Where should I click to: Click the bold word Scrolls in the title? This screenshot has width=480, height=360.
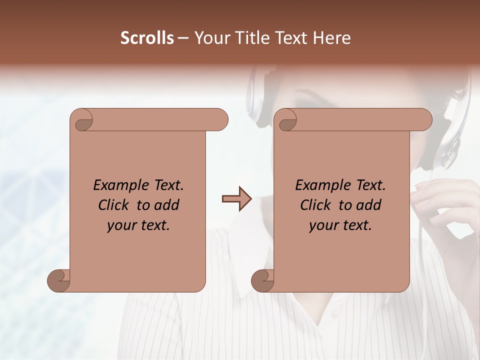click(147, 38)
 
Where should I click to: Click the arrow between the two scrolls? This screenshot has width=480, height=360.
click(236, 199)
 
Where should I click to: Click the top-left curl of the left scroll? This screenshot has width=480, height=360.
click(83, 121)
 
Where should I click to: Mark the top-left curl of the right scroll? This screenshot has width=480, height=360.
click(287, 121)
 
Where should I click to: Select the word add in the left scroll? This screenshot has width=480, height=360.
click(167, 205)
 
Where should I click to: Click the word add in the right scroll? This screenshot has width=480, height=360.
click(369, 205)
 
